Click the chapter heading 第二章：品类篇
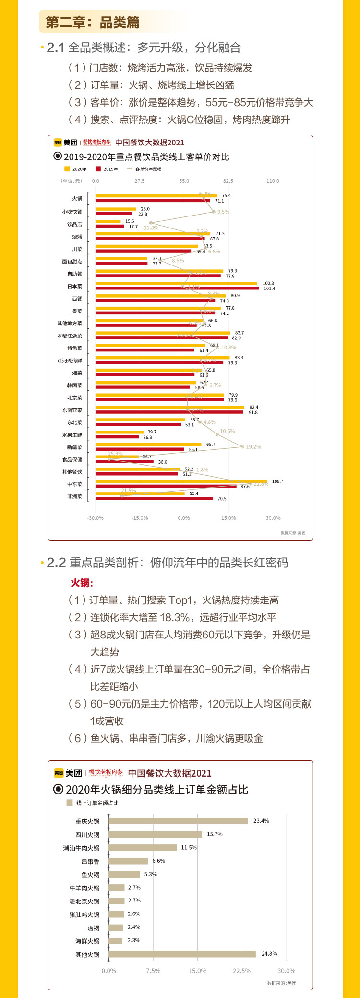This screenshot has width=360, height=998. click(93, 22)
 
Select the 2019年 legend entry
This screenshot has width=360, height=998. click(107, 169)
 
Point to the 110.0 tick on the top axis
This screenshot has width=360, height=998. click(273, 181)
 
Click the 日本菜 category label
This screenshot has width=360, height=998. click(74, 286)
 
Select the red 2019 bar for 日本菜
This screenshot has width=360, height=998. click(177, 289)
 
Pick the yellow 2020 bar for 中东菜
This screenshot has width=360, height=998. click(181, 481)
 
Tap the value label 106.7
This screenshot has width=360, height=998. click(277, 481)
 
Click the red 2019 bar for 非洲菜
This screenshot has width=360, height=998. click(154, 498)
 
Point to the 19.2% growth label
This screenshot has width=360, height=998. click(253, 447)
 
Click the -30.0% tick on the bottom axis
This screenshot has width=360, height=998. click(95, 518)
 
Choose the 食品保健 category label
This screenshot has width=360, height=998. click(72, 459)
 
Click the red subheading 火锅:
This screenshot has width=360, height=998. click(82, 583)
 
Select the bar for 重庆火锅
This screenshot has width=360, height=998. click(178, 821)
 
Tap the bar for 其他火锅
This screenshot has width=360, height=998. click(182, 954)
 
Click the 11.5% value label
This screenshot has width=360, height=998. click(189, 847)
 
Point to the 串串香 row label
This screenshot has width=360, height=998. click(90, 861)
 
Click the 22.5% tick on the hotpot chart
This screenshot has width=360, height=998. click(241, 971)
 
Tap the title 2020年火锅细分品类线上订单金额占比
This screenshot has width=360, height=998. click(156, 790)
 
